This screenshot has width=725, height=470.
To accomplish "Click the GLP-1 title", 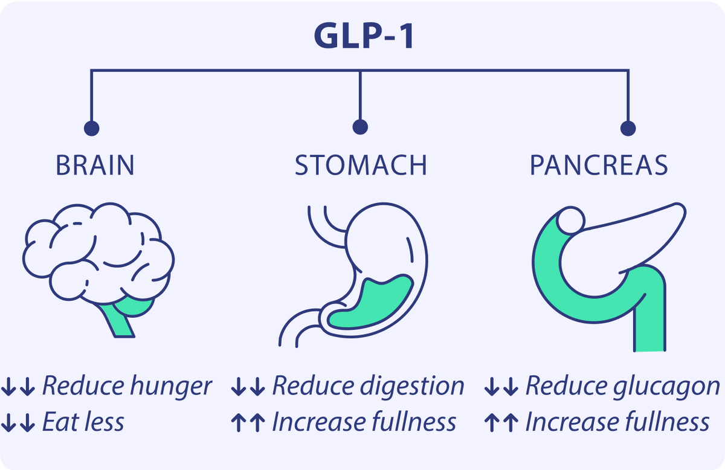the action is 364,36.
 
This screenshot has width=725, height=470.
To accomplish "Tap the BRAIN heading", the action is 95,166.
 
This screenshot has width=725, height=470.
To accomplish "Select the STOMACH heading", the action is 361,166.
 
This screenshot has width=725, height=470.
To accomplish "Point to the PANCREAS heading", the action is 599,166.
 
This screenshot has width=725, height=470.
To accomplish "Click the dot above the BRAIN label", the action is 92,128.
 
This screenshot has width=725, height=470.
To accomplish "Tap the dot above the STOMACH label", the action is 360,127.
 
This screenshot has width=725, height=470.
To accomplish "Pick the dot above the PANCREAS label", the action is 628,128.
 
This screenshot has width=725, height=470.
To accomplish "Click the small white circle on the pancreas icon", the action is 570,221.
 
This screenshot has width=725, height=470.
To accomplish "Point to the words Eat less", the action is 83,422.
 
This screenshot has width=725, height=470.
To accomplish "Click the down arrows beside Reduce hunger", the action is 18,387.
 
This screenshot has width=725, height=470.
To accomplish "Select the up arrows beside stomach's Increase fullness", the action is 248,422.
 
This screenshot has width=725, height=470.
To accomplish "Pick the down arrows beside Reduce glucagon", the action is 501,387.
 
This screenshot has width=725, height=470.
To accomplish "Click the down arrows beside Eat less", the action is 18,422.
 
